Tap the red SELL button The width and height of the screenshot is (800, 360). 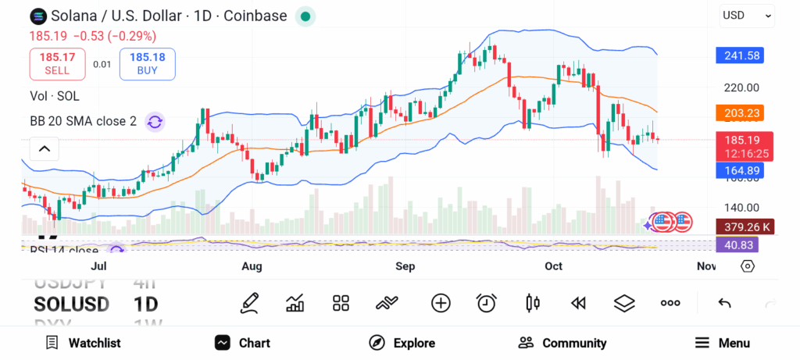pos(57,63)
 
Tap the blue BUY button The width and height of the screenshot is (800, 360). pos(147,63)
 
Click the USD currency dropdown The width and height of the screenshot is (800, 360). pos(746,15)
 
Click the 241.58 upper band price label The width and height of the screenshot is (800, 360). pos(739,55)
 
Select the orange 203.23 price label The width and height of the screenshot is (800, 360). pos(739,113)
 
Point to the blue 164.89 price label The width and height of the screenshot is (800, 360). pos(739,170)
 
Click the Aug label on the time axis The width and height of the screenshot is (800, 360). pos(252,266)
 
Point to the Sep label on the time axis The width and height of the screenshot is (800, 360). pos(405,266)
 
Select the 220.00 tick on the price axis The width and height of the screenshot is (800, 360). pos(741,87)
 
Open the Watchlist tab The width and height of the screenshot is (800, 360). pos(84,343)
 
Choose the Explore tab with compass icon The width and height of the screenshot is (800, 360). pos(402,343)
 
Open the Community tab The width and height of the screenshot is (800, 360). pos(562,343)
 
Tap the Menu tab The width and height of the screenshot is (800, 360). pos(723,343)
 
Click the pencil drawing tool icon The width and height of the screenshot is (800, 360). pos(249,303)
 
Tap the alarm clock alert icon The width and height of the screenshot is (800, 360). pos(487,303)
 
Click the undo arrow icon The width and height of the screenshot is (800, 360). pos(724,303)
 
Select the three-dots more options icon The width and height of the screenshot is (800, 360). pos(670,303)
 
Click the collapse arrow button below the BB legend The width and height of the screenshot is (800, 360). pos(45,148)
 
